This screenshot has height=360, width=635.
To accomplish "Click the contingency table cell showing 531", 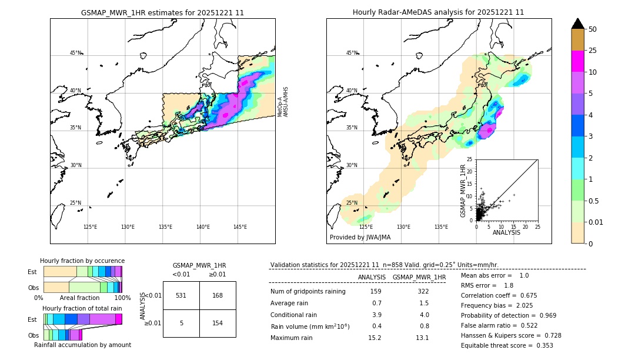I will point(181,295).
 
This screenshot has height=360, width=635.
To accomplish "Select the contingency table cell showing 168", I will point(218,295).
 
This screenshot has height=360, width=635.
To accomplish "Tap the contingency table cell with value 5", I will point(181,323).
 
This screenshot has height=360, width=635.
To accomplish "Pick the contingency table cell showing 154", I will point(218,323).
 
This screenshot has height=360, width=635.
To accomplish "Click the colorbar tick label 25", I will point(593,51).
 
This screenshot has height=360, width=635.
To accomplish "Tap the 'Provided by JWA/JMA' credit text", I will point(360,237).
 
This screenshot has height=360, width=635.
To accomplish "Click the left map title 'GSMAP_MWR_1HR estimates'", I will point(162,12).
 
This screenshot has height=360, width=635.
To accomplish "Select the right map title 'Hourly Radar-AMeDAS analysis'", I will point(438,12).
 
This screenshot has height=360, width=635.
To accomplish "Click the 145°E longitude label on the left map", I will point(240,227).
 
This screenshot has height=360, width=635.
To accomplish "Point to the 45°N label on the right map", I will point(352,53).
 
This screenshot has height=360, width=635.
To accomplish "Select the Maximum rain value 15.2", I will point(375,338).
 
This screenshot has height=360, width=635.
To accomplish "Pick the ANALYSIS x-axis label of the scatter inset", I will point(506,232).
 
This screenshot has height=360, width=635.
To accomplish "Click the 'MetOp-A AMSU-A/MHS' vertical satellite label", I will point(283,102).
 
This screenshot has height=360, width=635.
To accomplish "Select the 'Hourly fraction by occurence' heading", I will point(82,261).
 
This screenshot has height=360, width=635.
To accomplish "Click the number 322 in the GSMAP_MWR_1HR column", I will point(423,291).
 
